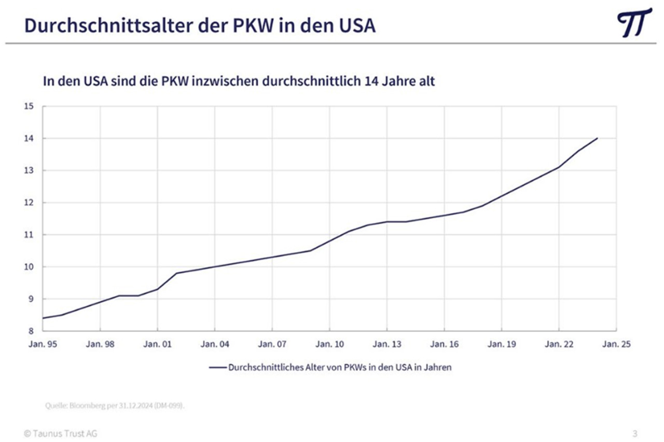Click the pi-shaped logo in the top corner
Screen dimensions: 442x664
tap(634, 22)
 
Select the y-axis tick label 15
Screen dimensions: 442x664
tap(29, 106)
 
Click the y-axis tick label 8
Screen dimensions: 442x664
tap(31, 331)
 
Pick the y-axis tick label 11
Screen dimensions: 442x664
tap(29, 235)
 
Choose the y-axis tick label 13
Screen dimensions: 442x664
tap(29, 170)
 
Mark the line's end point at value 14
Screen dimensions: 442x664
tap(598, 138)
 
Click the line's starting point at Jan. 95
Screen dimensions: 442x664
tap(43, 318)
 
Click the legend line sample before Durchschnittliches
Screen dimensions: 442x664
tap(218, 367)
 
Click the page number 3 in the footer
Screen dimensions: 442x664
tap(635, 433)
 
